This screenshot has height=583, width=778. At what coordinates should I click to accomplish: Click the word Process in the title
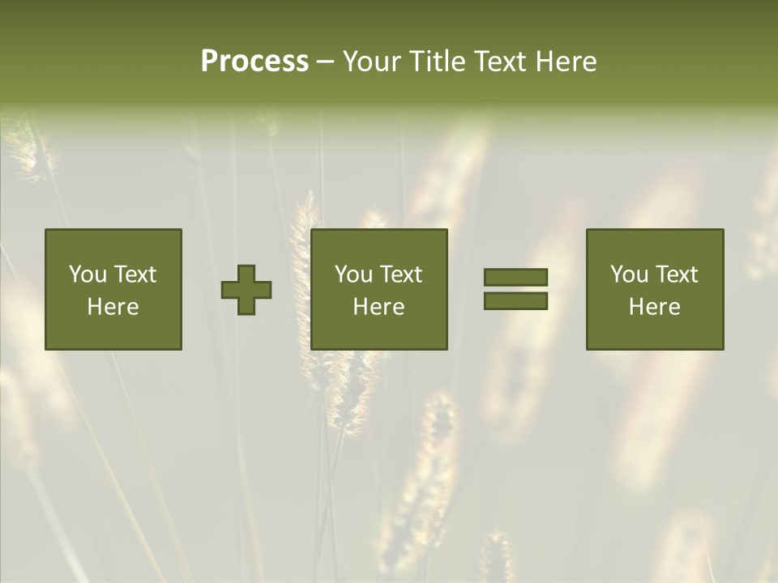click(x=254, y=62)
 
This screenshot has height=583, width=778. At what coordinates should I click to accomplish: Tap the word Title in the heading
click(x=437, y=62)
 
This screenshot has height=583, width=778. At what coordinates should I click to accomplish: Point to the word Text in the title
click(x=501, y=62)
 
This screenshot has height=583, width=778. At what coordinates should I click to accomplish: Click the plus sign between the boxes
click(x=246, y=290)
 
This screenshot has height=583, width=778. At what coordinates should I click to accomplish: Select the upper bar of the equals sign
click(x=515, y=278)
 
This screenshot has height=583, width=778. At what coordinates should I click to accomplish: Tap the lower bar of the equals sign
click(x=515, y=300)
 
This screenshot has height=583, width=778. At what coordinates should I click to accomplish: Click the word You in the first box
click(x=88, y=274)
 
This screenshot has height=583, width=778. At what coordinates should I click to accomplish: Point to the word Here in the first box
click(x=113, y=307)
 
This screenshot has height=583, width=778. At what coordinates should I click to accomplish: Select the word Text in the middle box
click(x=402, y=274)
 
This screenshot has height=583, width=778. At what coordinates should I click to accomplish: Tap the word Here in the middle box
click(x=378, y=307)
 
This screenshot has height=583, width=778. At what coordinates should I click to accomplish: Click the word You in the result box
click(x=629, y=274)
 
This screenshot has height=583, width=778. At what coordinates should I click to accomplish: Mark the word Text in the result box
click(x=678, y=274)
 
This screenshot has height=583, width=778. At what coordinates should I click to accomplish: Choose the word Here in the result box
click(x=654, y=307)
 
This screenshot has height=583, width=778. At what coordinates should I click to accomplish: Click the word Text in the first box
click(x=136, y=274)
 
